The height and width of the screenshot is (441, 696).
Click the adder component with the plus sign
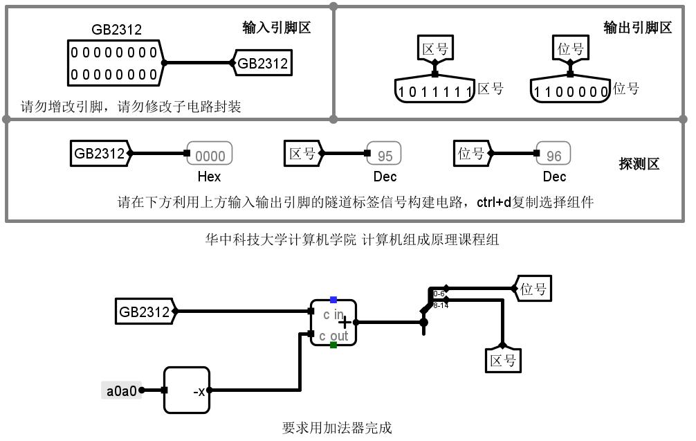[x=333, y=322]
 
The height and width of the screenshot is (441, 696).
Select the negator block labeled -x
[x=186, y=390]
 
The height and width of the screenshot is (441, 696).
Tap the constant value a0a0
[x=121, y=390]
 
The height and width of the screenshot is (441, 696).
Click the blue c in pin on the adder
[x=333, y=300]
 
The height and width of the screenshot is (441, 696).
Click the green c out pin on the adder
[x=333, y=344]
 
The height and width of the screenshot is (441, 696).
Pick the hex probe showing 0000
[x=210, y=154]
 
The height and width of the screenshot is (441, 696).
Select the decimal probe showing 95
[x=384, y=154]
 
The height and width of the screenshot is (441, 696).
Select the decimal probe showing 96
[x=554, y=154]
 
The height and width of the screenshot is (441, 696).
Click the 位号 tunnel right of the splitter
[x=533, y=289]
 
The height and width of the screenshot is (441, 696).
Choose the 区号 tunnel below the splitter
[x=503, y=360]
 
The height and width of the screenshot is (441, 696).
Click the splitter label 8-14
[x=441, y=305]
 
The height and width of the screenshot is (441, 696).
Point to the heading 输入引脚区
[x=276, y=28]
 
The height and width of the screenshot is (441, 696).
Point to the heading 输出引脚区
[x=637, y=28]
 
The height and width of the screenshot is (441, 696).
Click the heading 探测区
[x=639, y=164]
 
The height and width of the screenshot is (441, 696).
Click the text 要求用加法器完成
[x=337, y=428]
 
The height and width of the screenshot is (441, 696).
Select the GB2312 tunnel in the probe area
[x=100, y=154]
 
